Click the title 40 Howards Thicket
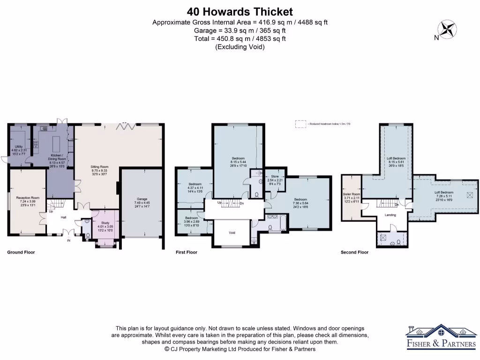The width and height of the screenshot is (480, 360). click(x=240, y=12)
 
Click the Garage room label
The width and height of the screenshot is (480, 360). click(x=142, y=199)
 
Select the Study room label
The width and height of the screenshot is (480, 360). click(x=105, y=223)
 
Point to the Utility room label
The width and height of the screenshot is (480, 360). click(x=19, y=147)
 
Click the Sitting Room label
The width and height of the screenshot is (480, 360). click(x=99, y=166)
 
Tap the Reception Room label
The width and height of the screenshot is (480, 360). click(x=28, y=198)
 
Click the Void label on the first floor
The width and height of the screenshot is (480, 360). click(x=232, y=233)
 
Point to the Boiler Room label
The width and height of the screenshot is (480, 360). click(x=352, y=194)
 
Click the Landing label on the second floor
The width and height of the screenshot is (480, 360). click(x=390, y=215)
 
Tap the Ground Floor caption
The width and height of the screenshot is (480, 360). click(x=21, y=252)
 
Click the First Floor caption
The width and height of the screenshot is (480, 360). click(x=187, y=252)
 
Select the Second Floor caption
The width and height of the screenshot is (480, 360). click(x=354, y=252)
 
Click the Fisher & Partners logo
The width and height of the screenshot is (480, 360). click(x=440, y=337)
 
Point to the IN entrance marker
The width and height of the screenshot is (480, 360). click(x=69, y=240)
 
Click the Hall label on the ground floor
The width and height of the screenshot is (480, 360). click(x=63, y=217)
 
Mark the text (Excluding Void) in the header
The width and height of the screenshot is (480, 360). click(x=240, y=47)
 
